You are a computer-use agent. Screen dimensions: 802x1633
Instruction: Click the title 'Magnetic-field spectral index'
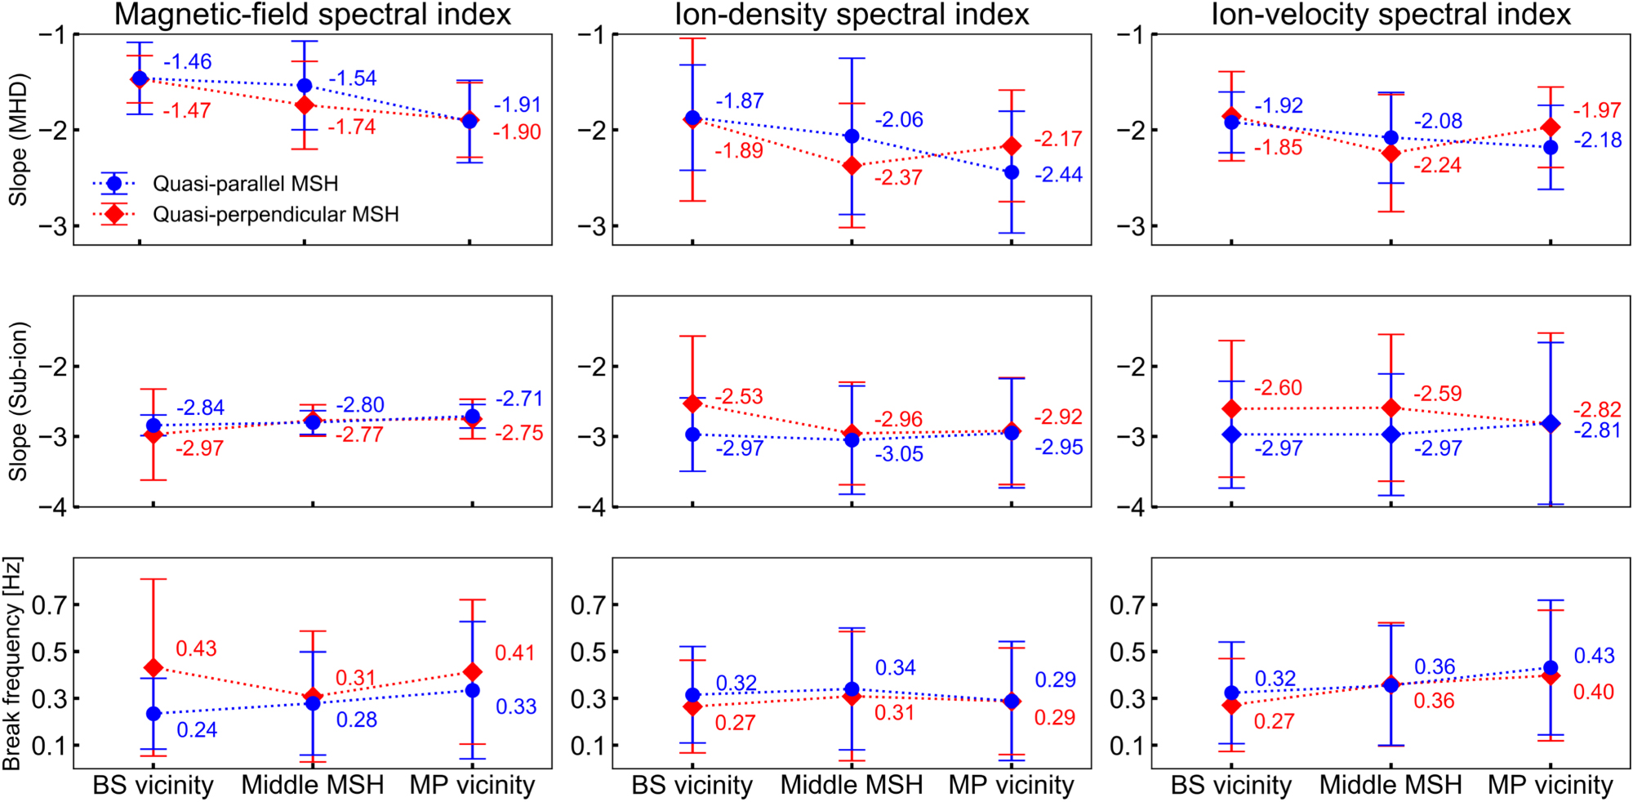tap(312, 15)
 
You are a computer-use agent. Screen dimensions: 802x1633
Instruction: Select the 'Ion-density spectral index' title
tap(852, 15)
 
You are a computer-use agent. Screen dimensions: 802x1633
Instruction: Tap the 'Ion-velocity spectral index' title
tap(1390, 15)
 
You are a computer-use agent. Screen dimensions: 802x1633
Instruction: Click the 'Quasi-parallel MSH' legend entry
tap(245, 184)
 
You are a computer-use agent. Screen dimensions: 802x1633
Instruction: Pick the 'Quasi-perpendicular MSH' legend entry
tap(276, 214)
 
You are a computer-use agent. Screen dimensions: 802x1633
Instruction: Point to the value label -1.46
tap(188, 62)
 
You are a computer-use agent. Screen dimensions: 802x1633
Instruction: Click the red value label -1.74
tap(352, 127)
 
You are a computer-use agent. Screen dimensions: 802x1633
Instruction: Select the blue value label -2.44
tap(1058, 175)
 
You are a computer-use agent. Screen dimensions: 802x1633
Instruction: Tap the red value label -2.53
tap(739, 397)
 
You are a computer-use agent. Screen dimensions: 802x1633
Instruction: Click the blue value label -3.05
tap(899, 454)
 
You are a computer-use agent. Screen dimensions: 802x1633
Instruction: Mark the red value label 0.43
tap(196, 648)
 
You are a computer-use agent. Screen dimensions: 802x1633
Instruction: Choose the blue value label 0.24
tap(197, 730)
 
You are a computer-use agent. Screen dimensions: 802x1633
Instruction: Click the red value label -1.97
tap(1597, 110)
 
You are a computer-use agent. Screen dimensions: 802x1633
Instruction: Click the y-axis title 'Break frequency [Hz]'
tap(13, 663)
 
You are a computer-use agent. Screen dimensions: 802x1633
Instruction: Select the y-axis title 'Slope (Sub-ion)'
tap(18, 401)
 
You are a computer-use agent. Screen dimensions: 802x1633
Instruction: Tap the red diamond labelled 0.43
tap(153, 668)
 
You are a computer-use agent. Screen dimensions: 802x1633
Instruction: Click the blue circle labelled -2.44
tap(1012, 172)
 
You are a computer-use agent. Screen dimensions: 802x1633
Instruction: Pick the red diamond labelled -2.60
tap(1231, 408)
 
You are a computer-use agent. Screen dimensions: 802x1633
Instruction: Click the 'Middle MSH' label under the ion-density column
tap(852, 785)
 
